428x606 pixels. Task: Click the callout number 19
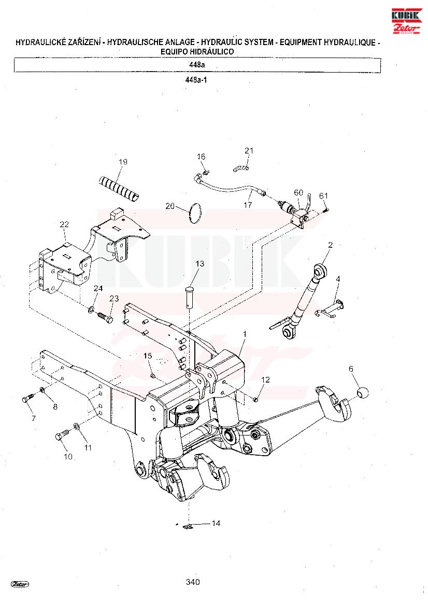123,162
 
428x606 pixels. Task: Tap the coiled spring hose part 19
118,189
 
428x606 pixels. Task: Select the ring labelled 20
196,213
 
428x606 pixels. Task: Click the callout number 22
64,224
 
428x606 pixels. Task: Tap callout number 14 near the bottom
216,523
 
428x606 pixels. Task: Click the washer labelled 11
77,426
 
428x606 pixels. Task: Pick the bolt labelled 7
30,398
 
